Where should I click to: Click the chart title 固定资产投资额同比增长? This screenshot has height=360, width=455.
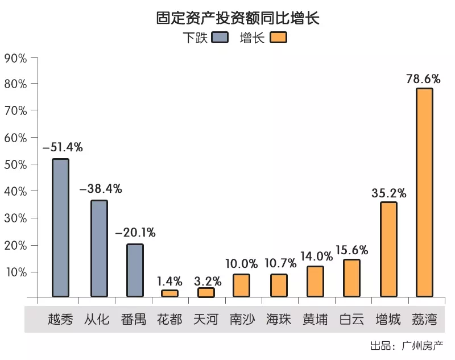tap(238, 18)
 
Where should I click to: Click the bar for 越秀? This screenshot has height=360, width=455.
tap(60, 227)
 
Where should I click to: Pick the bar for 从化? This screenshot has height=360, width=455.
tap(99, 248)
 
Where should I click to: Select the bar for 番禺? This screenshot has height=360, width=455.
tap(135, 270)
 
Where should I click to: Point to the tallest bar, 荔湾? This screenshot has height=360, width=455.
tap(424, 192)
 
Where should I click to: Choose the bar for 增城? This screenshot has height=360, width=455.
tap(388, 249)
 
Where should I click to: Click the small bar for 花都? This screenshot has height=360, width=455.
tap(169, 293)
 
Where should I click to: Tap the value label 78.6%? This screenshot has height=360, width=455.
tap(423, 78)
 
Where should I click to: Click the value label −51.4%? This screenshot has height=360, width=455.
tap(63, 148)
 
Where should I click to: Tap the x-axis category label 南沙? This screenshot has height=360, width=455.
tap(242, 319)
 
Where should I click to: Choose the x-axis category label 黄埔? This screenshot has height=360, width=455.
tap(315, 319)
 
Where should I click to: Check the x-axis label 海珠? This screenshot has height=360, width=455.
tap(279, 319)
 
